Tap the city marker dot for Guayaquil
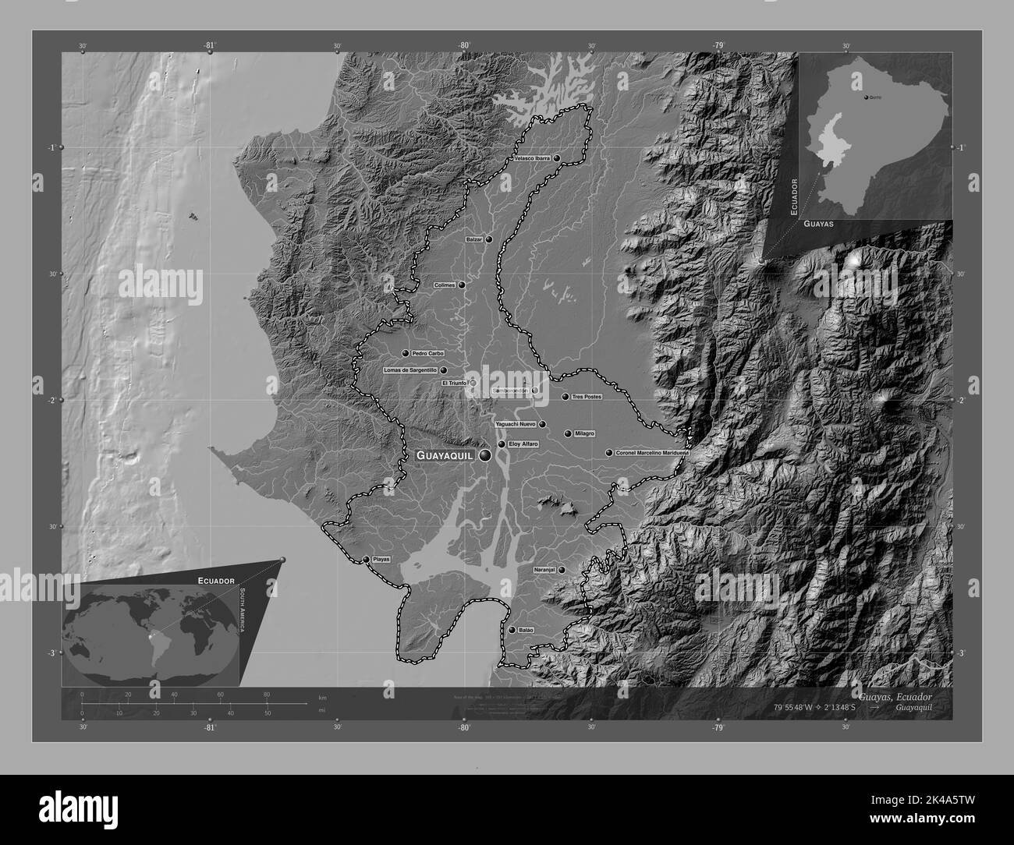point(486,455)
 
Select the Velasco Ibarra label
point(532,158)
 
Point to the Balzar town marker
point(489,240)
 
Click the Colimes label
point(444,285)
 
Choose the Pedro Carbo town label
point(427,353)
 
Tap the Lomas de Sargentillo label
point(410,370)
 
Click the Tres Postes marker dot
point(565,397)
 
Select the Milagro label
point(584,433)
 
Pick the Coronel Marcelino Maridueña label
point(651,452)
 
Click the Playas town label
point(381,560)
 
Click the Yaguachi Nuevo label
point(516,424)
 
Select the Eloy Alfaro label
point(523,444)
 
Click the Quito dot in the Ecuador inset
point(867,97)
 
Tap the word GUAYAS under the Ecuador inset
point(818,224)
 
